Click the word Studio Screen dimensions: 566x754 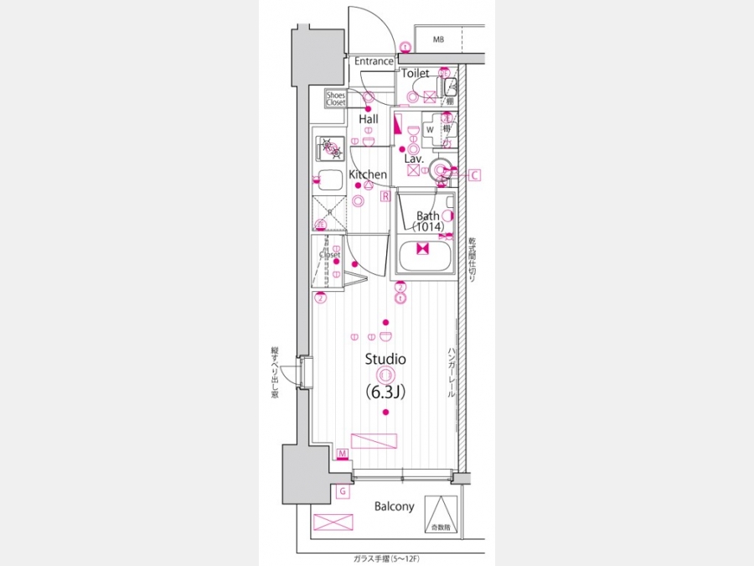(x=385, y=359)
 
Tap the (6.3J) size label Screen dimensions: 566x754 (x=385, y=391)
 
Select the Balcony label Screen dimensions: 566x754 (x=394, y=506)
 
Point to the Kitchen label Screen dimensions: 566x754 (x=368, y=174)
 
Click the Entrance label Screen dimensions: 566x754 (x=374, y=61)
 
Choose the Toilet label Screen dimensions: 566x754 (x=416, y=74)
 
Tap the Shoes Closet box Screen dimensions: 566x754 (x=336, y=99)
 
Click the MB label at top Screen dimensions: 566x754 (x=439, y=39)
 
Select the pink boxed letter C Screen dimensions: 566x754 (x=474, y=175)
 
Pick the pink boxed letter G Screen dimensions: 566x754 (x=343, y=491)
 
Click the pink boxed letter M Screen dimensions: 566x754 (x=343, y=454)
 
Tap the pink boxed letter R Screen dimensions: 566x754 (x=385, y=197)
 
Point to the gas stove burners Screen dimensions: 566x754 (x=329, y=148)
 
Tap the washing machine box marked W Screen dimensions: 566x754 (x=430, y=130)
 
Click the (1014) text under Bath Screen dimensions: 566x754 (x=428, y=226)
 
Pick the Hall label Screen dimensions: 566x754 (x=369, y=119)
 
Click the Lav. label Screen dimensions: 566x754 (x=414, y=158)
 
